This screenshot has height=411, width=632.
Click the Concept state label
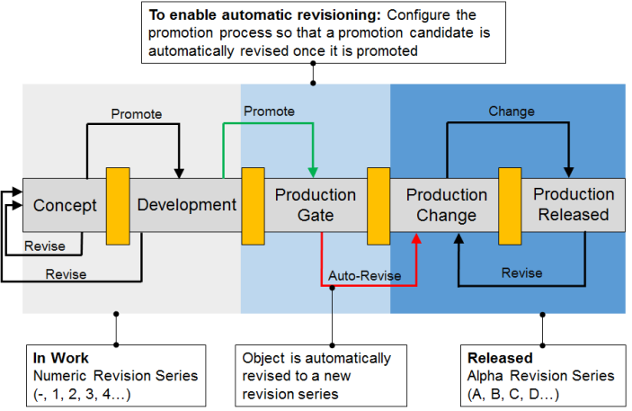pos(65,205)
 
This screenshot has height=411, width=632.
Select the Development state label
pos(186,205)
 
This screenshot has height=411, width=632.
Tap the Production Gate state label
pos(316,205)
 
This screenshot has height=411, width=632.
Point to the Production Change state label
pos(446,205)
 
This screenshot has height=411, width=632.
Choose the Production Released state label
pos(574,205)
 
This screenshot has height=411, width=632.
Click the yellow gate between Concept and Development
pos(118,206)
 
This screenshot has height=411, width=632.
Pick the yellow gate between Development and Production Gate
pos(252,206)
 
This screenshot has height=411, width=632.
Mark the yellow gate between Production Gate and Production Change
pos(378,206)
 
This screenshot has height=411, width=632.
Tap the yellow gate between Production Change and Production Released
pos(511,206)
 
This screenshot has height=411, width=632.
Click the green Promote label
pos(270,111)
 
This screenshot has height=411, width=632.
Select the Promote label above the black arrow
pos(136,114)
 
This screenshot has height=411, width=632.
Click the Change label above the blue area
pos(511,112)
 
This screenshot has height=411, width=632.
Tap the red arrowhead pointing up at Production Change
pos(417,238)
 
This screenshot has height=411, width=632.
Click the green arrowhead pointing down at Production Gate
pos(312,172)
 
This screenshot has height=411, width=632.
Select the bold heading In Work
pos(56,358)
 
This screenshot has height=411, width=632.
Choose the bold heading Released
pos(500,358)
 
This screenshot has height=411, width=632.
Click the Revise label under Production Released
pos(521,273)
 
